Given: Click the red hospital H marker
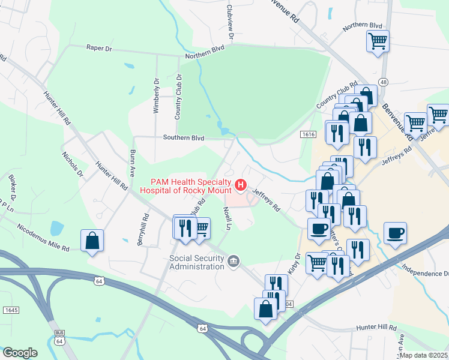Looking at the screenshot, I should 241,184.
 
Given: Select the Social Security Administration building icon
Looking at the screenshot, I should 234,260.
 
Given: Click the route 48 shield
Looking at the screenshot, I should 382,81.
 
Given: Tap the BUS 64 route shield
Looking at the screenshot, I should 59,337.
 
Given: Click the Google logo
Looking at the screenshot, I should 20,352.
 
